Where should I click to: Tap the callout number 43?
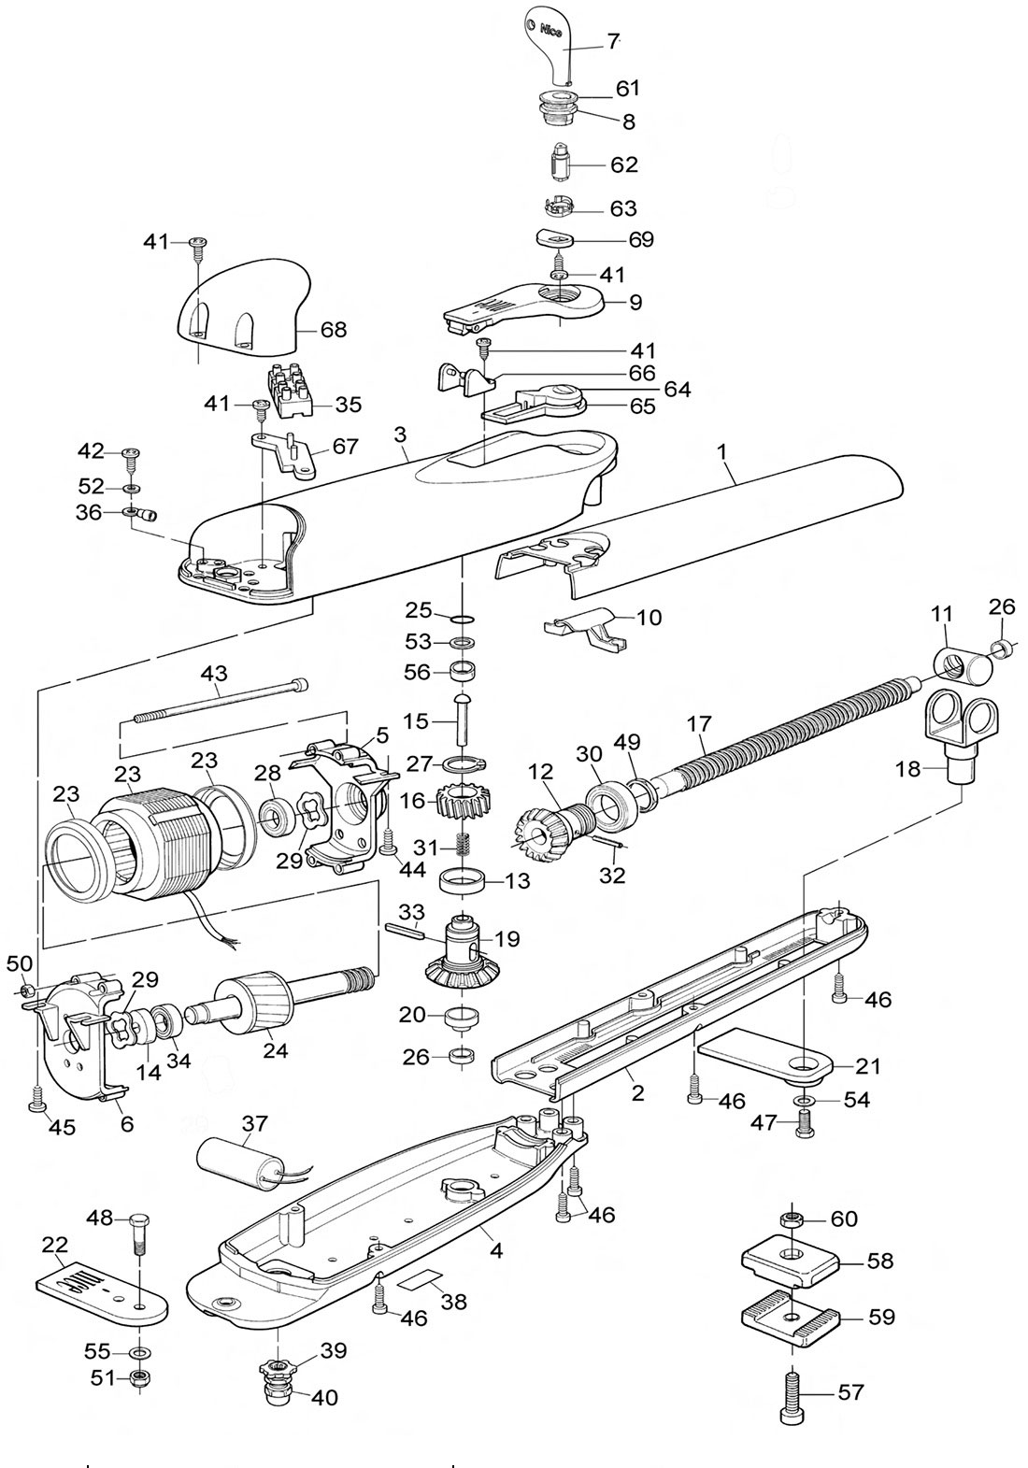coord(214,674)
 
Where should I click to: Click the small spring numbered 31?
coord(464,847)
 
